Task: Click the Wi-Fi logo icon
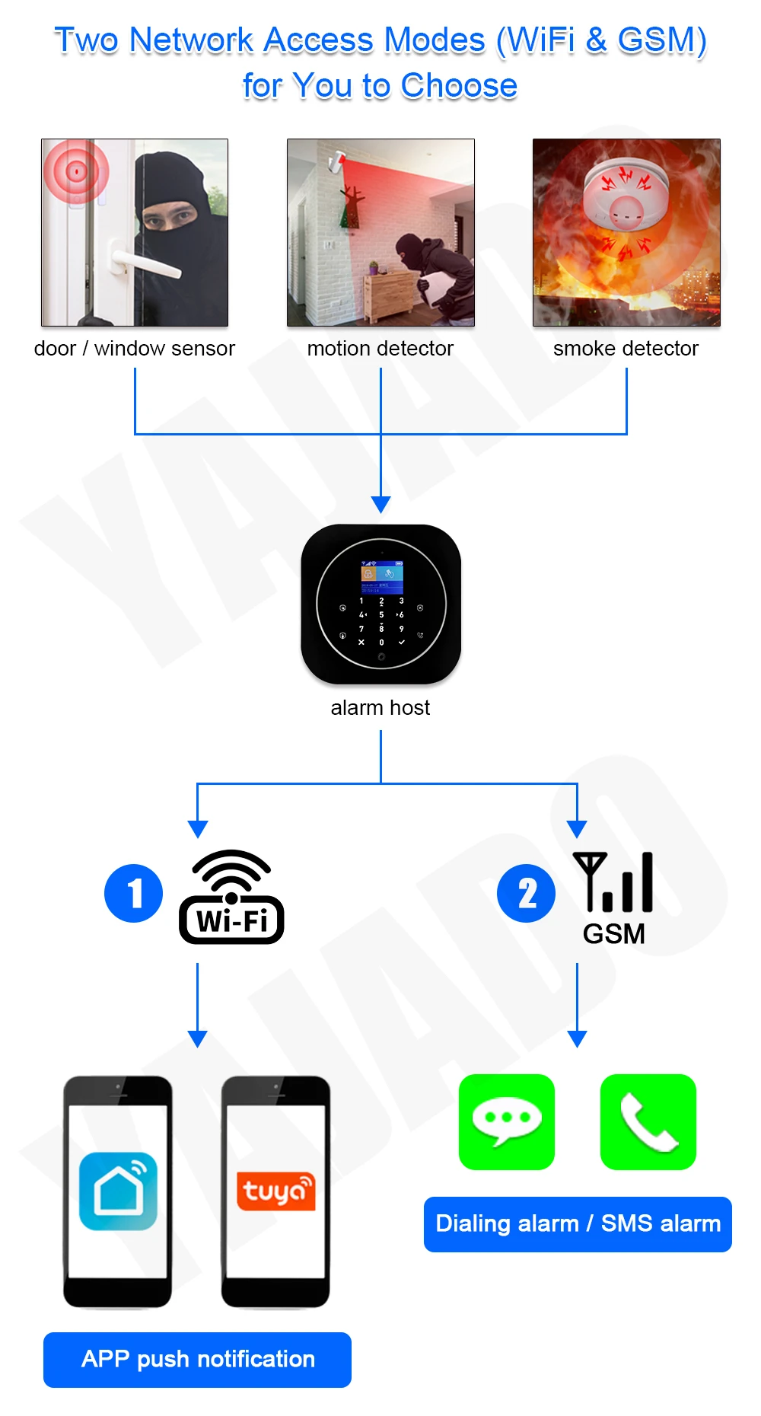(231, 897)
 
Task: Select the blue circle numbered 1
(134, 893)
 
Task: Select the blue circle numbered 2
(526, 893)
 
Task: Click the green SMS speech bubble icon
(507, 1121)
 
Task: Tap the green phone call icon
(648, 1121)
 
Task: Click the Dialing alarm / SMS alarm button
(578, 1223)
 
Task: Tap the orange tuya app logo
(275, 1191)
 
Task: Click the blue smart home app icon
(118, 1191)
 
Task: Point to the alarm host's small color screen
(381, 577)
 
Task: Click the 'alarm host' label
(380, 707)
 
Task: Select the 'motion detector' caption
(380, 348)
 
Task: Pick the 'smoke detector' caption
(626, 348)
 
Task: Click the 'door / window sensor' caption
(135, 348)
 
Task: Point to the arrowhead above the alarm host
(380, 504)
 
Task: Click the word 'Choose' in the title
(459, 85)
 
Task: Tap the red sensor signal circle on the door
(76, 171)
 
